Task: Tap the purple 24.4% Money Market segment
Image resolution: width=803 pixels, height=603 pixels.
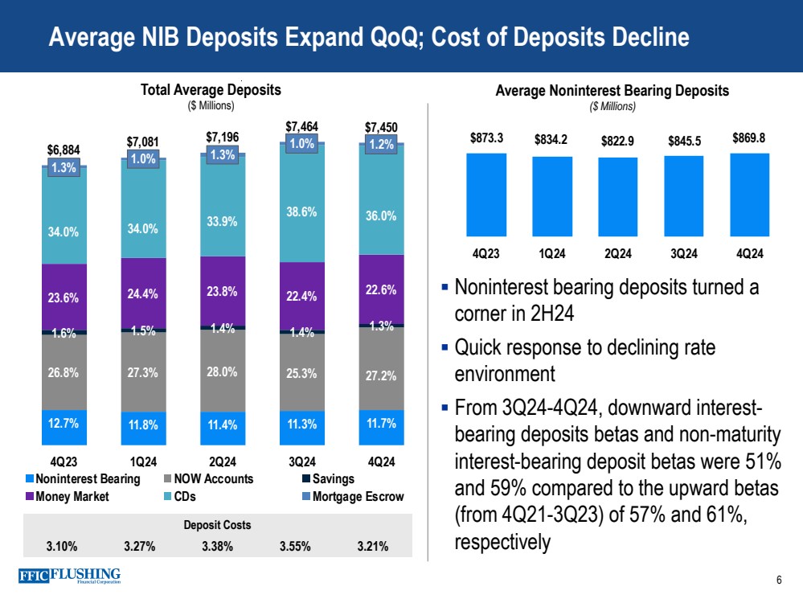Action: tap(143, 294)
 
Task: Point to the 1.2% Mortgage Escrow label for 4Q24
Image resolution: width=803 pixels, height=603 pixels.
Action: tap(380, 146)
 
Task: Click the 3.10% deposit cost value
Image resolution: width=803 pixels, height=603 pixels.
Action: tap(62, 547)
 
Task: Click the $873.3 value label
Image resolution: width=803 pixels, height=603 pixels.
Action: tap(486, 137)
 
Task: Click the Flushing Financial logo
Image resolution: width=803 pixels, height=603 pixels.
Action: tap(68, 576)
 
